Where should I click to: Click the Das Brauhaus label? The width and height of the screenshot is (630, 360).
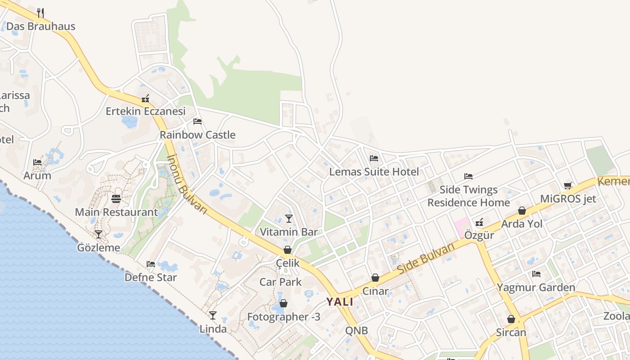click(41, 26)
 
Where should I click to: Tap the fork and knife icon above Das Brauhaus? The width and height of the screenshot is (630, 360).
click(40, 13)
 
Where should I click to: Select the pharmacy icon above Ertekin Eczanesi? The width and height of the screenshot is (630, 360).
click(145, 99)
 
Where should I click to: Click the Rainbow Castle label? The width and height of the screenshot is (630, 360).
click(198, 135)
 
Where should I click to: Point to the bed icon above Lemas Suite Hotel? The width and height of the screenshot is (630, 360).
click(374, 158)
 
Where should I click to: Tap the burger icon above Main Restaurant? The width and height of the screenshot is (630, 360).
click(116, 199)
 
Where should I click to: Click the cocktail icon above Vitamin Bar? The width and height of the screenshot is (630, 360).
click(289, 219)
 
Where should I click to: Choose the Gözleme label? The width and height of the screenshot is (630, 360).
click(99, 247)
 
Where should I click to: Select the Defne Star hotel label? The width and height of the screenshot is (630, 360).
click(151, 277)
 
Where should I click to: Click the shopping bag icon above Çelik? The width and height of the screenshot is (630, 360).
click(288, 250)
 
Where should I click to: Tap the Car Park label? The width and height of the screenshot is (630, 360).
click(280, 282)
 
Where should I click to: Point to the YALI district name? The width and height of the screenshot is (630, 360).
click(340, 301)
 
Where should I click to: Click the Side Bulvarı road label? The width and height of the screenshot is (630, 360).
click(426, 259)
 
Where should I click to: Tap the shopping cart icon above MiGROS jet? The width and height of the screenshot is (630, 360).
click(568, 185)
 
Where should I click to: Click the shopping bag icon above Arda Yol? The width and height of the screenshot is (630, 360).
click(522, 211)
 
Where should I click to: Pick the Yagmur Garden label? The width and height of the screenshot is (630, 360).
click(536, 287)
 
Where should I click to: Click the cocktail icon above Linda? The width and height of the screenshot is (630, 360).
click(213, 315)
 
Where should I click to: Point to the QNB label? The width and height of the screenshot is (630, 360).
click(356, 331)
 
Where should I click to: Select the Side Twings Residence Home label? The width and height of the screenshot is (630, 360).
click(468, 196)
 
